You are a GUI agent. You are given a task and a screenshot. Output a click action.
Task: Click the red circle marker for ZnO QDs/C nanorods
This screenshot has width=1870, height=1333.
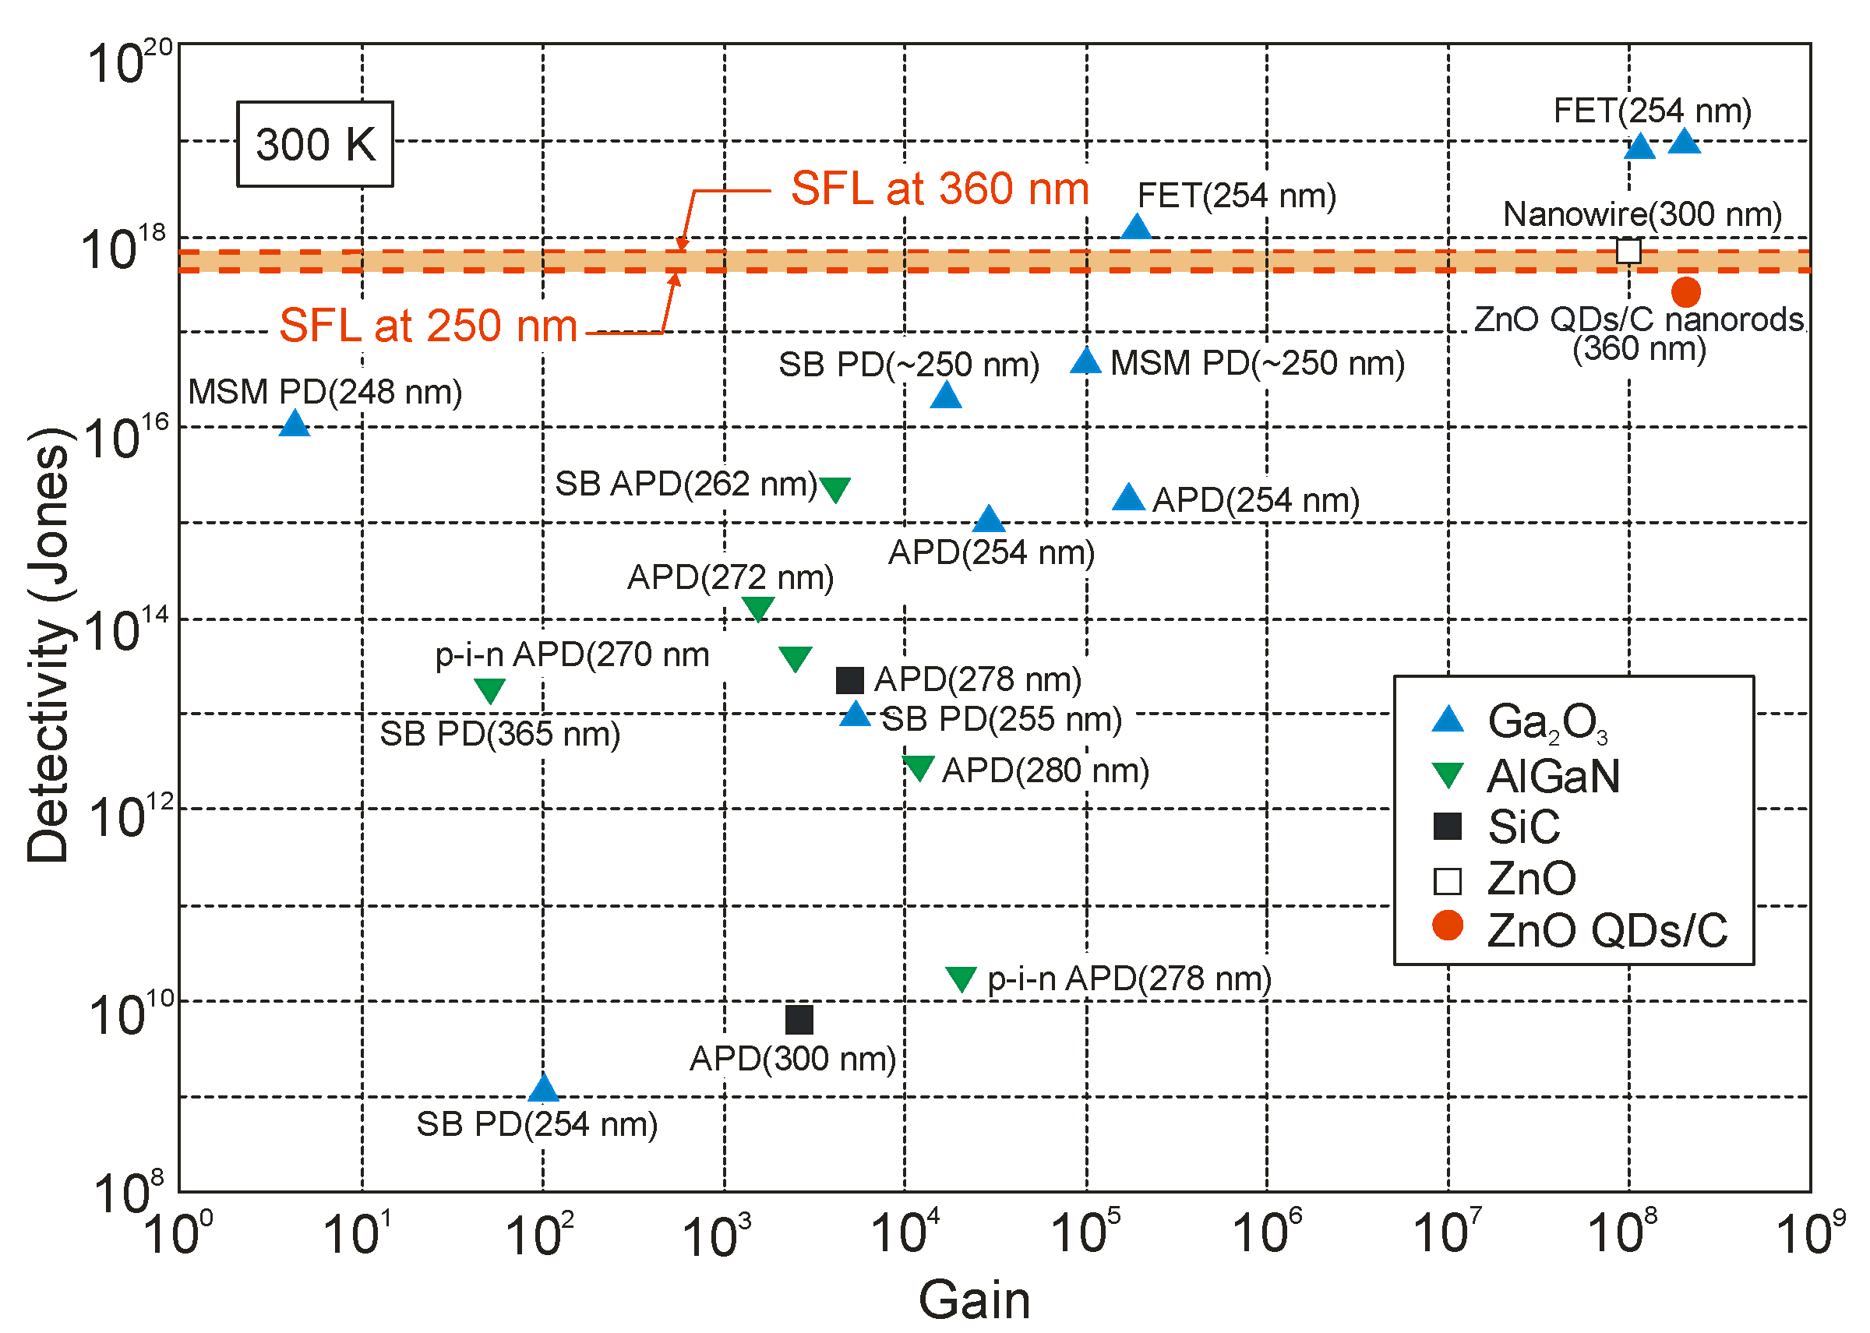1685,291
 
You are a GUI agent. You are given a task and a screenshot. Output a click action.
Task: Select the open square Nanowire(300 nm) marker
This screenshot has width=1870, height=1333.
1628,250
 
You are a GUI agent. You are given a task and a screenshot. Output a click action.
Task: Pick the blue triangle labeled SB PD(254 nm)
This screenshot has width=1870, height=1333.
542,1089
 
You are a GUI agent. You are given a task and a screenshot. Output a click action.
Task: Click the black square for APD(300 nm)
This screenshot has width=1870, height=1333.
799,1020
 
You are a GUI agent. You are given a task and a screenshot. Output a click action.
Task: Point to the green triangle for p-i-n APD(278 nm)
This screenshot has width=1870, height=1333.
961,978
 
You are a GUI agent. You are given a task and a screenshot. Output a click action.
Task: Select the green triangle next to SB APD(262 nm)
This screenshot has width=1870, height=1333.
834,488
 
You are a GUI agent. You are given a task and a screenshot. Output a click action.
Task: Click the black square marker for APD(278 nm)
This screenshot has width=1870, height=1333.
849,679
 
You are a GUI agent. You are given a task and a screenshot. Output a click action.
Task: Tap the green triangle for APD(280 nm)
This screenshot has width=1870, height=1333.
918,767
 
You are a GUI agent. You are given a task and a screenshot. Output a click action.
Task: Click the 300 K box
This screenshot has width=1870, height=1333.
316,144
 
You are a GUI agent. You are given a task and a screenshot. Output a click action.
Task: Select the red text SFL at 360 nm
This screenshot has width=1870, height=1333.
939,189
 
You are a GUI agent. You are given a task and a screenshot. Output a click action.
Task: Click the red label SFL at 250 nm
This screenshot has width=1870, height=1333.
428,326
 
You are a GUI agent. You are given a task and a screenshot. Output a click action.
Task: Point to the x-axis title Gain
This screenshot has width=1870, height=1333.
974,1299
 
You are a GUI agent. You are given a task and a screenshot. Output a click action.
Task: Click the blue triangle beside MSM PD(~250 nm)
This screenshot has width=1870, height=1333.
1085,361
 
